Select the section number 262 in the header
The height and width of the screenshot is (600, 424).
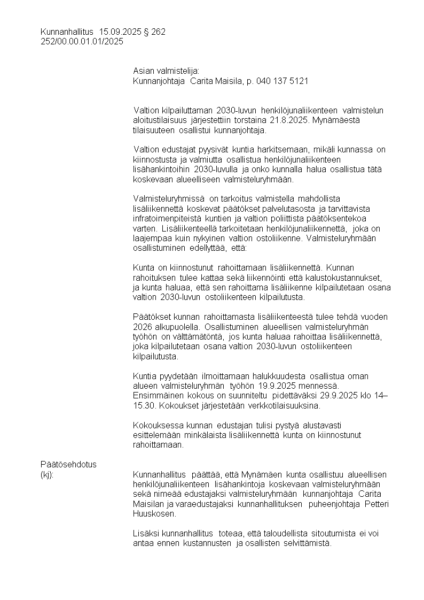tap(159, 32)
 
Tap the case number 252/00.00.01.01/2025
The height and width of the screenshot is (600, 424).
tap(82, 41)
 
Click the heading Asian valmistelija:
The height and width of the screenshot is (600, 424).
tap(166, 71)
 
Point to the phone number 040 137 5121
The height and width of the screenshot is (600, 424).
tap(282, 81)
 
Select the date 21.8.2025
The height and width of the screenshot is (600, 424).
tap(288, 120)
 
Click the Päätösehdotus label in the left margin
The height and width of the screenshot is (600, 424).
tap(68, 464)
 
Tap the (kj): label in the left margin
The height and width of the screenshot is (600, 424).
tap(48, 474)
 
